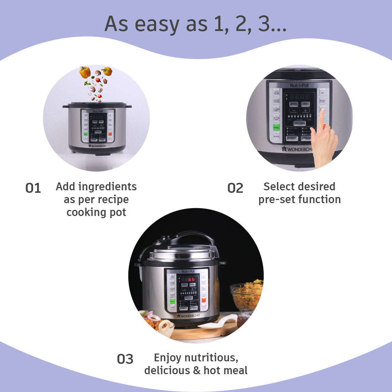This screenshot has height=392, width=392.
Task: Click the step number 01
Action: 33,188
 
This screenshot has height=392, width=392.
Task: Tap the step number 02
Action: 235,188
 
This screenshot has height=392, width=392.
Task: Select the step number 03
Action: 125,359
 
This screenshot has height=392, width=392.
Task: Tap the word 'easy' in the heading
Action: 158,24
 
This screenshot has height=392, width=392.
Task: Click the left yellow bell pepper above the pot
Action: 85,72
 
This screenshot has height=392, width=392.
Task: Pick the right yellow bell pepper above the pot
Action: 107,71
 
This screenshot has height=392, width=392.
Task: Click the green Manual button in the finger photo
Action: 276,127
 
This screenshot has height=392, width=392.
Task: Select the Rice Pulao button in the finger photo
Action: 276,92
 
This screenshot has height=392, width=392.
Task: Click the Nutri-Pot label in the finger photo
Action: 299,86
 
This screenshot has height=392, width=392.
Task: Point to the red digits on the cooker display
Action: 191,279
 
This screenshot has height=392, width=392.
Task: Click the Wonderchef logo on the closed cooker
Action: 189,316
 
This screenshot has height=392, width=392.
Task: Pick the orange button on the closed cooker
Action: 203,300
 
